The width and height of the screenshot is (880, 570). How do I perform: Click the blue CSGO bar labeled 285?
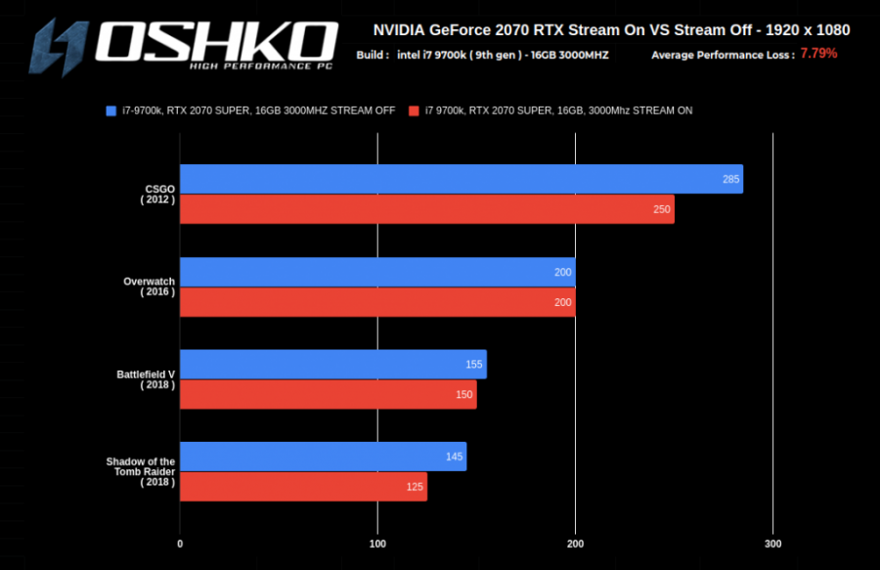pos(461,179)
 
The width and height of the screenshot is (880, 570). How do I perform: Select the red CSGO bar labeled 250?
pos(426,209)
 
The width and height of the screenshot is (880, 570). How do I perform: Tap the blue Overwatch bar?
pos(377,272)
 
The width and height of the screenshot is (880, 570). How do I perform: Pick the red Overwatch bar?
pos(377,302)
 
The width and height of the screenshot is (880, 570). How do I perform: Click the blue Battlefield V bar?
pos(332,364)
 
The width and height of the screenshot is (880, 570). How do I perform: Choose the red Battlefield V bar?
pos(328,394)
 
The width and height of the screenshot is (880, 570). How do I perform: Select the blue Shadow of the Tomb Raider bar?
pos(323,457)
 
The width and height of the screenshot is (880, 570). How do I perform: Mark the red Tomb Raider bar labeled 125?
pos(303,487)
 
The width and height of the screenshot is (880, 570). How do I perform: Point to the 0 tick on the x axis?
pos(180,544)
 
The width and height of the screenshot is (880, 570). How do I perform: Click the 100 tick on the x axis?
pos(377,544)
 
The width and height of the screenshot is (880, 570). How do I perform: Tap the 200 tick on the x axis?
pos(576,544)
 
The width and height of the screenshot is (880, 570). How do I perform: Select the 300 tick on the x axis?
pos(773,544)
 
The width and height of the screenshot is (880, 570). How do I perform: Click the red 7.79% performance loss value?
pos(818,54)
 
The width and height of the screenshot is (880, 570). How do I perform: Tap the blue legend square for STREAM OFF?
pos(111,110)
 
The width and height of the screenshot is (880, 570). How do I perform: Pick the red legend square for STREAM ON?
pos(415,110)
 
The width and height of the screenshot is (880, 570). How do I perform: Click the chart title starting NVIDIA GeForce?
pos(611,30)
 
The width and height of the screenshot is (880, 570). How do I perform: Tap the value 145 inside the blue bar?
pos(453,457)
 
